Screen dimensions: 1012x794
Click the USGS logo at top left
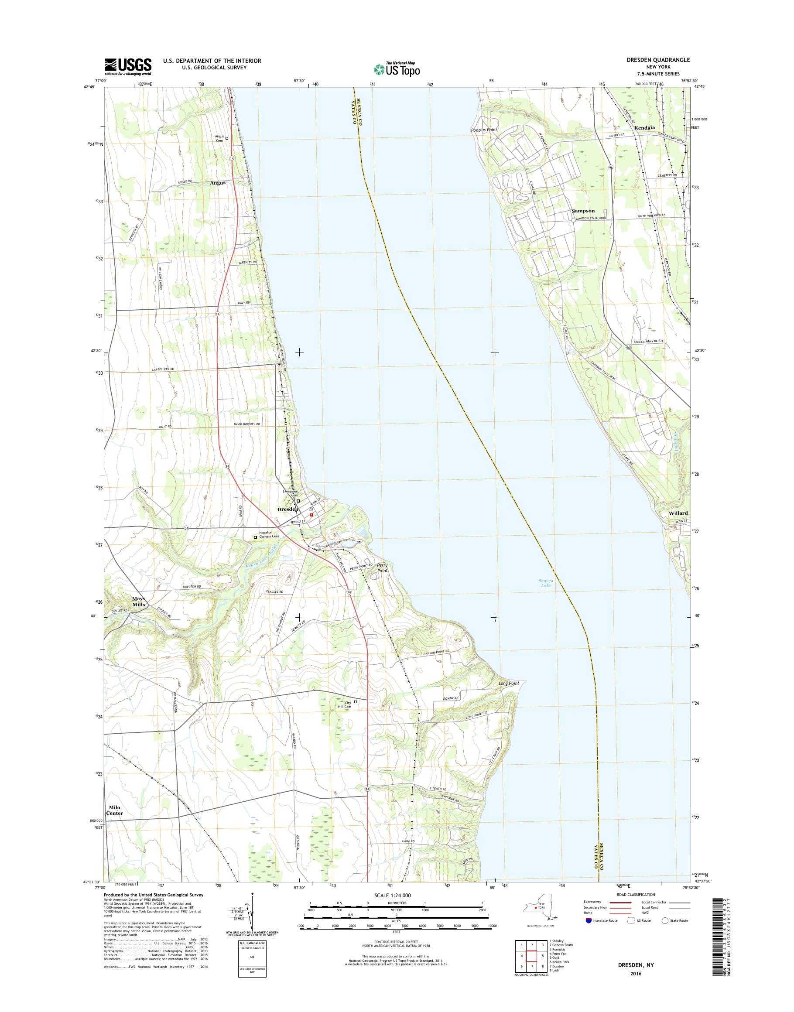(x=128, y=67)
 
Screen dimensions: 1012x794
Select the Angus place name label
(x=218, y=183)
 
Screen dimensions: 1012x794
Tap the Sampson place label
(x=583, y=211)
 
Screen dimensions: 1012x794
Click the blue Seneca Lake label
(x=545, y=583)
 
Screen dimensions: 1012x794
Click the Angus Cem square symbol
(x=227, y=138)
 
